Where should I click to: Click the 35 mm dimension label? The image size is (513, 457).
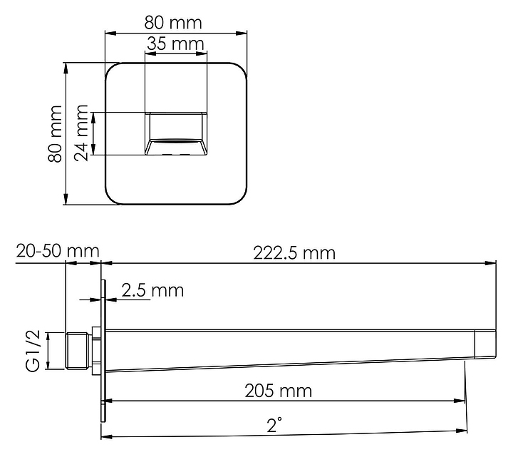click(x=175, y=44)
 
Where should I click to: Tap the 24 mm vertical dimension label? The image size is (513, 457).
click(x=81, y=133)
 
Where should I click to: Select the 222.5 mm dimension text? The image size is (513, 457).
click(x=294, y=253)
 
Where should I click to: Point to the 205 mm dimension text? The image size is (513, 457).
click(x=279, y=391)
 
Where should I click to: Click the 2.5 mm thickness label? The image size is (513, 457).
click(x=152, y=290)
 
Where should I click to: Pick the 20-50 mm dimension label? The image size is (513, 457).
click(x=58, y=251)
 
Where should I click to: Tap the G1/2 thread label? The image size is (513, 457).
click(x=33, y=351)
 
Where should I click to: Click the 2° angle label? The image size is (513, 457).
click(x=274, y=425)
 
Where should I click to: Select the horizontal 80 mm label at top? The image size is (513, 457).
click(x=173, y=23)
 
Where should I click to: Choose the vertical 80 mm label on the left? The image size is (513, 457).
click(x=55, y=133)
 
